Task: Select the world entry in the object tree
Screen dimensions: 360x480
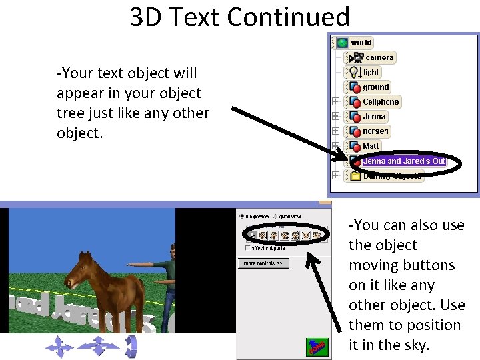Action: tap(361, 43)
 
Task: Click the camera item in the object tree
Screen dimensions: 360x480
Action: tap(379, 58)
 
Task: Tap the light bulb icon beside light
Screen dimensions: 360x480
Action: tap(354, 72)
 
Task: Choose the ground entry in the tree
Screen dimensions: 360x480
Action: tap(375, 87)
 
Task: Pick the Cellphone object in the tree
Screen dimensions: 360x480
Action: tap(380, 102)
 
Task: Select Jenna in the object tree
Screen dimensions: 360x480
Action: tap(374, 117)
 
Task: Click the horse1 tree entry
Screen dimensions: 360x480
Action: tap(376, 131)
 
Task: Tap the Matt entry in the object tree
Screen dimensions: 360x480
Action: tap(371, 146)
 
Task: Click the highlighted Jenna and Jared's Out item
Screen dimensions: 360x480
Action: tap(403, 161)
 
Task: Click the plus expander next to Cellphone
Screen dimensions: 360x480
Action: tap(335, 102)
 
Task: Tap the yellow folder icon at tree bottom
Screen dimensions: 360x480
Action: tap(355, 176)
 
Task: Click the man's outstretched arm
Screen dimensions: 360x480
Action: tap(143, 264)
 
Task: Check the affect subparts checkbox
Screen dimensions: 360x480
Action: tap(248, 248)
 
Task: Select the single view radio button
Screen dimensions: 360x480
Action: tap(241, 217)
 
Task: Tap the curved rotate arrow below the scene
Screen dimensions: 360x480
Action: tap(131, 346)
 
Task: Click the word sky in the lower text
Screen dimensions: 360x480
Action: tap(414, 345)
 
